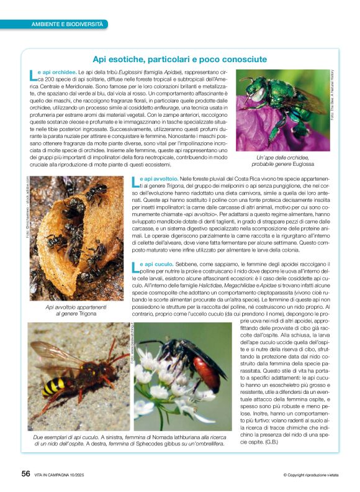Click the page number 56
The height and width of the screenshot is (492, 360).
(25, 474)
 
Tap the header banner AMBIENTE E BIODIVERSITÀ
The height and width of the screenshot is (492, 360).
(68, 24)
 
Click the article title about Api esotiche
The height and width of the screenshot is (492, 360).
(180, 60)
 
